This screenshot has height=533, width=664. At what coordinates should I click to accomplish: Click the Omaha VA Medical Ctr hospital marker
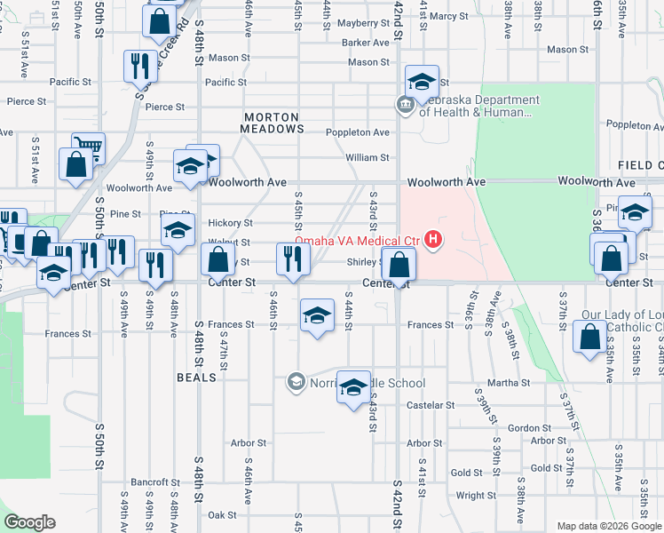tap(433, 239)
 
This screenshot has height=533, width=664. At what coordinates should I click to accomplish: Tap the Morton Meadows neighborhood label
tap(273, 123)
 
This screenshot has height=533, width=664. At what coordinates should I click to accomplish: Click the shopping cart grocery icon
tap(88, 148)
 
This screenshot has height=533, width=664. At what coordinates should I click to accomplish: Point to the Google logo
tap(30, 522)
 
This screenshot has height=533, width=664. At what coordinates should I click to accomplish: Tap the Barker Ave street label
tap(366, 42)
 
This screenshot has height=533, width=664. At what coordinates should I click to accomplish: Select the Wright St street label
tap(476, 496)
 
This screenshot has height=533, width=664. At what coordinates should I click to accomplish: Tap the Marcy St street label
tap(449, 16)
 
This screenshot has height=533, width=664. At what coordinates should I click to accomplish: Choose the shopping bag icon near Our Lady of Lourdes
tap(590, 339)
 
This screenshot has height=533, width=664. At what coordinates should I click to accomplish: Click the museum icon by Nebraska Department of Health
tap(406, 106)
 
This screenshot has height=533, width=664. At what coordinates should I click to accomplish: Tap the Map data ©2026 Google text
tap(609, 526)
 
